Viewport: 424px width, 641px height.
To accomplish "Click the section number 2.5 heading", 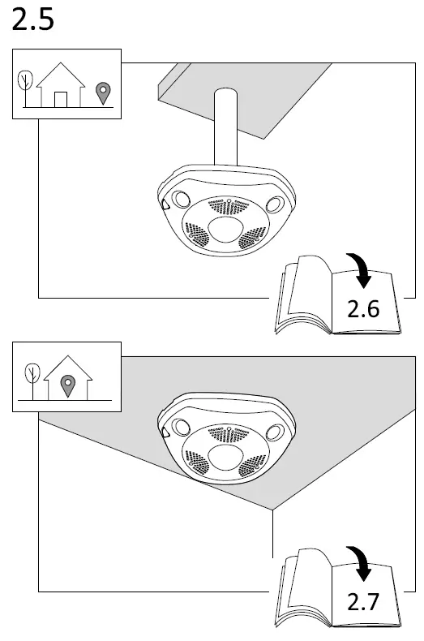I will [33, 20].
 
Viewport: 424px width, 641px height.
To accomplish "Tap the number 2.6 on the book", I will [363, 308].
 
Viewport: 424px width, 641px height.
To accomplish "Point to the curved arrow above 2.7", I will [362, 563].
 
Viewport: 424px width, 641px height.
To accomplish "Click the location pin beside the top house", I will [101, 93].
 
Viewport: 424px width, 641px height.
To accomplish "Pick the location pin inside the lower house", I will [68, 385].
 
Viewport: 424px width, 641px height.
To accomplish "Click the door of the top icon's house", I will [61, 99].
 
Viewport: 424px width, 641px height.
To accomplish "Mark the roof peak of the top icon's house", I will [61, 66].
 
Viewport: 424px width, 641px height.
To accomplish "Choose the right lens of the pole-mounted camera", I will [275, 204].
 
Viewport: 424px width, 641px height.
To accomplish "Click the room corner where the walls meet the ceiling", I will [272, 510].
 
